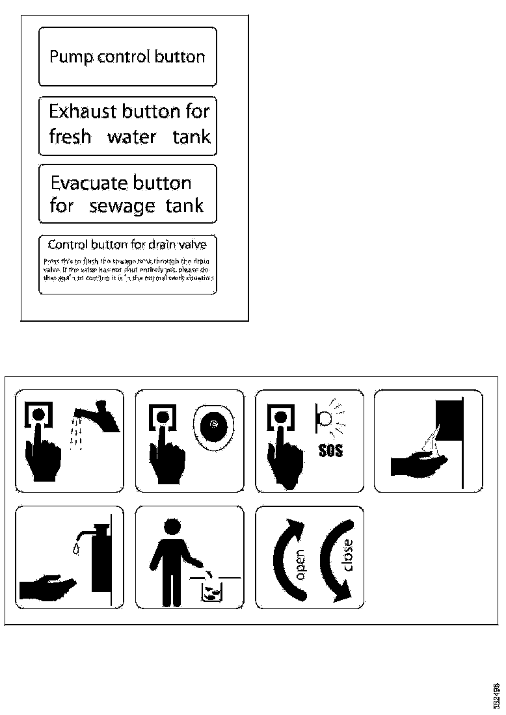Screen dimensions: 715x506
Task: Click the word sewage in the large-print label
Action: pyautogui.click(x=122, y=206)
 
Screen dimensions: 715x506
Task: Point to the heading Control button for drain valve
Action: pyautogui.click(x=127, y=244)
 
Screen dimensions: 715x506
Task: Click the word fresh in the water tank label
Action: pyautogui.click(x=70, y=137)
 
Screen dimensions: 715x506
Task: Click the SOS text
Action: pyautogui.click(x=330, y=450)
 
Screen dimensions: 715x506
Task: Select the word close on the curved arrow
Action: pyautogui.click(x=348, y=556)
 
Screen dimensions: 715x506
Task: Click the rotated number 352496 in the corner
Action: pyautogui.click(x=496, y=695)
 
